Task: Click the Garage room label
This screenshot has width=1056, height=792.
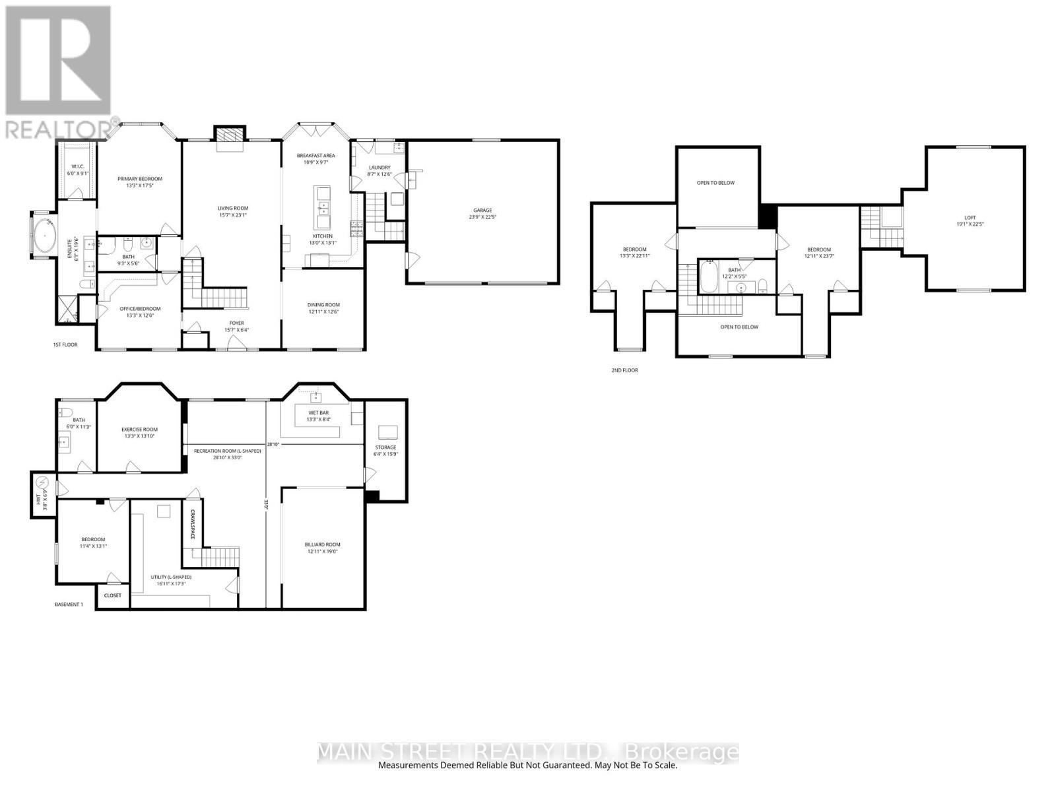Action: click(482, 211)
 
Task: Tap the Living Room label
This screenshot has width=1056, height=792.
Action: click(233, 208)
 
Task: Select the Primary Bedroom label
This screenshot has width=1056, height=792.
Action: click(140, 179)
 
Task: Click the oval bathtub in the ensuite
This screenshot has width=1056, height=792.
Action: click(45, 236)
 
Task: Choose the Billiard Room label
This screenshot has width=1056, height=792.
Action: click(322, 544)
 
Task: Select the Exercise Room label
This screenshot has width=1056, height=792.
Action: click(140, 430)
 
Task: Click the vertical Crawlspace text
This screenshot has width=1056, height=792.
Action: click(193, 525)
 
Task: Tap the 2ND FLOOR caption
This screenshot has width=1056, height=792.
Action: click(624, 370)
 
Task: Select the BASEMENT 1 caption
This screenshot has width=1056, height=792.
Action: click(69, 605)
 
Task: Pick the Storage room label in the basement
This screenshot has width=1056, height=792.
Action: click(385, 447)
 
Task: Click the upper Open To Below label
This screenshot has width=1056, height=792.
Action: click(715, 183)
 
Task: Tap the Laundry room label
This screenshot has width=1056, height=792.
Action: click(379, 168)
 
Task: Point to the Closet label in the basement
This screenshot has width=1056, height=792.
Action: click(113, 595)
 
